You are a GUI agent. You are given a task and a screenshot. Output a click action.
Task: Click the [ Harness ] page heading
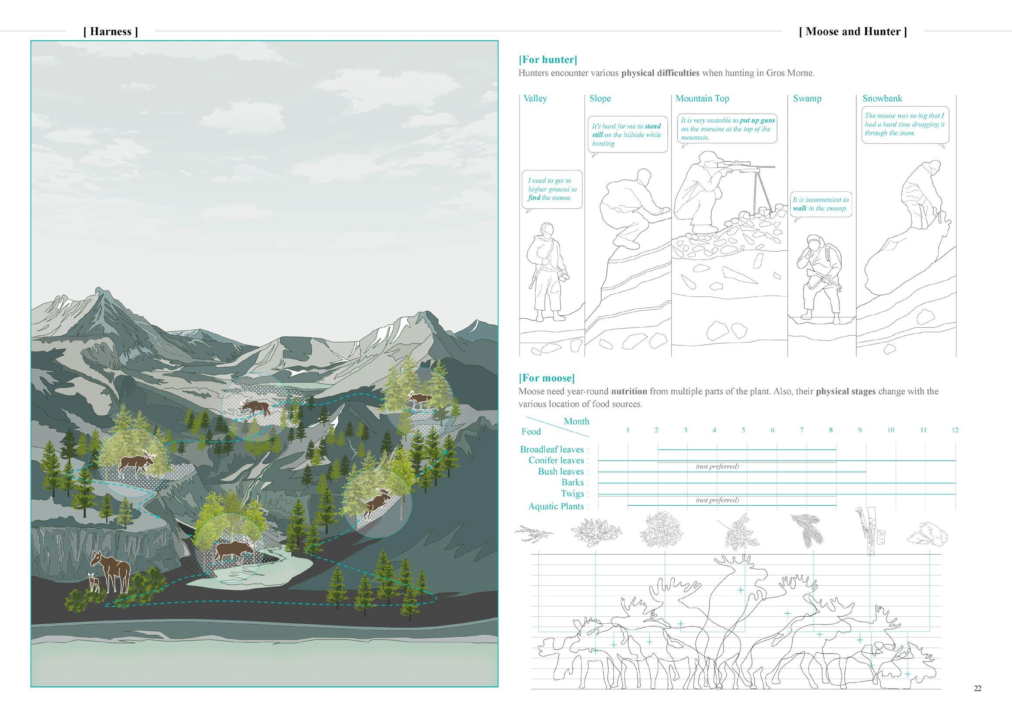click(110, 32)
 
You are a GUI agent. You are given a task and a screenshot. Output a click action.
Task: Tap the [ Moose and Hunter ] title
click(853, 32)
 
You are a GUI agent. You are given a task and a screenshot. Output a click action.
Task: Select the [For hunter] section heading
click(548, 60)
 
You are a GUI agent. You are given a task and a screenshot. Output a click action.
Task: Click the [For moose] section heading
click(547, 378)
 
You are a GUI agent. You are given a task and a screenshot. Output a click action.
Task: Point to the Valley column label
click(535, 98)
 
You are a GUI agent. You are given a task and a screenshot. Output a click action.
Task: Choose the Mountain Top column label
click(702, 98)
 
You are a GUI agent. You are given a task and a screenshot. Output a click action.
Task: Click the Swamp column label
click(807, 98)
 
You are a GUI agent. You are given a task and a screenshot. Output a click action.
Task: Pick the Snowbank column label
click(882, 98)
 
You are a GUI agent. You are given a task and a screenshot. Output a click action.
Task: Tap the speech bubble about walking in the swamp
click(820, 204)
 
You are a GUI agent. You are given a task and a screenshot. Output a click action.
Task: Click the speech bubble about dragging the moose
click(904, 124)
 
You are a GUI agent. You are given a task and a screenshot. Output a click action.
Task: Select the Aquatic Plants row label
click(556, 506)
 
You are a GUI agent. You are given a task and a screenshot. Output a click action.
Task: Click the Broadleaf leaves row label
click(552, 449)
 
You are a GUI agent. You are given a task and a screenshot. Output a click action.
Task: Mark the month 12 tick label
click(955, 430)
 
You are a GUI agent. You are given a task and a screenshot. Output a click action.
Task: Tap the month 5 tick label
click(743, 430)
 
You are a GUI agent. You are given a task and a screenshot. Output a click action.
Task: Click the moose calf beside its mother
click(94, 582)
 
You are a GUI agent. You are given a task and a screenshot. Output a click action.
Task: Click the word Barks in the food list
click(572, 482)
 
